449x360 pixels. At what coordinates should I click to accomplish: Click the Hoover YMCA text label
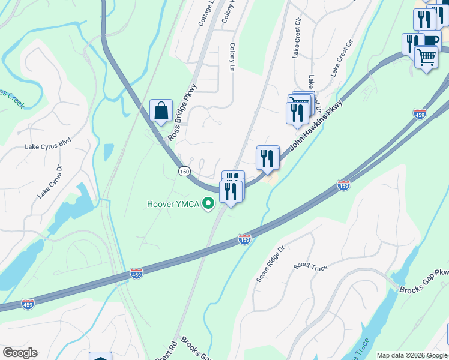point(173,204)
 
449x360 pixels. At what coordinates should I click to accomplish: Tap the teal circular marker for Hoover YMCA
point(208,204)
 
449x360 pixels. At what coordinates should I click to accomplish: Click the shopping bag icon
point(161,110)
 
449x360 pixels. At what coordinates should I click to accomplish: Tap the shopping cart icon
point(426,58)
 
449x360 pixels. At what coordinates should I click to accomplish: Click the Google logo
point(20,353)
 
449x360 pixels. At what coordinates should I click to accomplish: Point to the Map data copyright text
point(412,355)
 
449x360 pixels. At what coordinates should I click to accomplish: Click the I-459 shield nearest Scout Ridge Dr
point(244,239)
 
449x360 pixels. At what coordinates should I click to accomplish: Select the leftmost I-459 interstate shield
point(28,304)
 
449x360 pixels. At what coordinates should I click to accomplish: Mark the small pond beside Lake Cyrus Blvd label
point(108,152)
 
